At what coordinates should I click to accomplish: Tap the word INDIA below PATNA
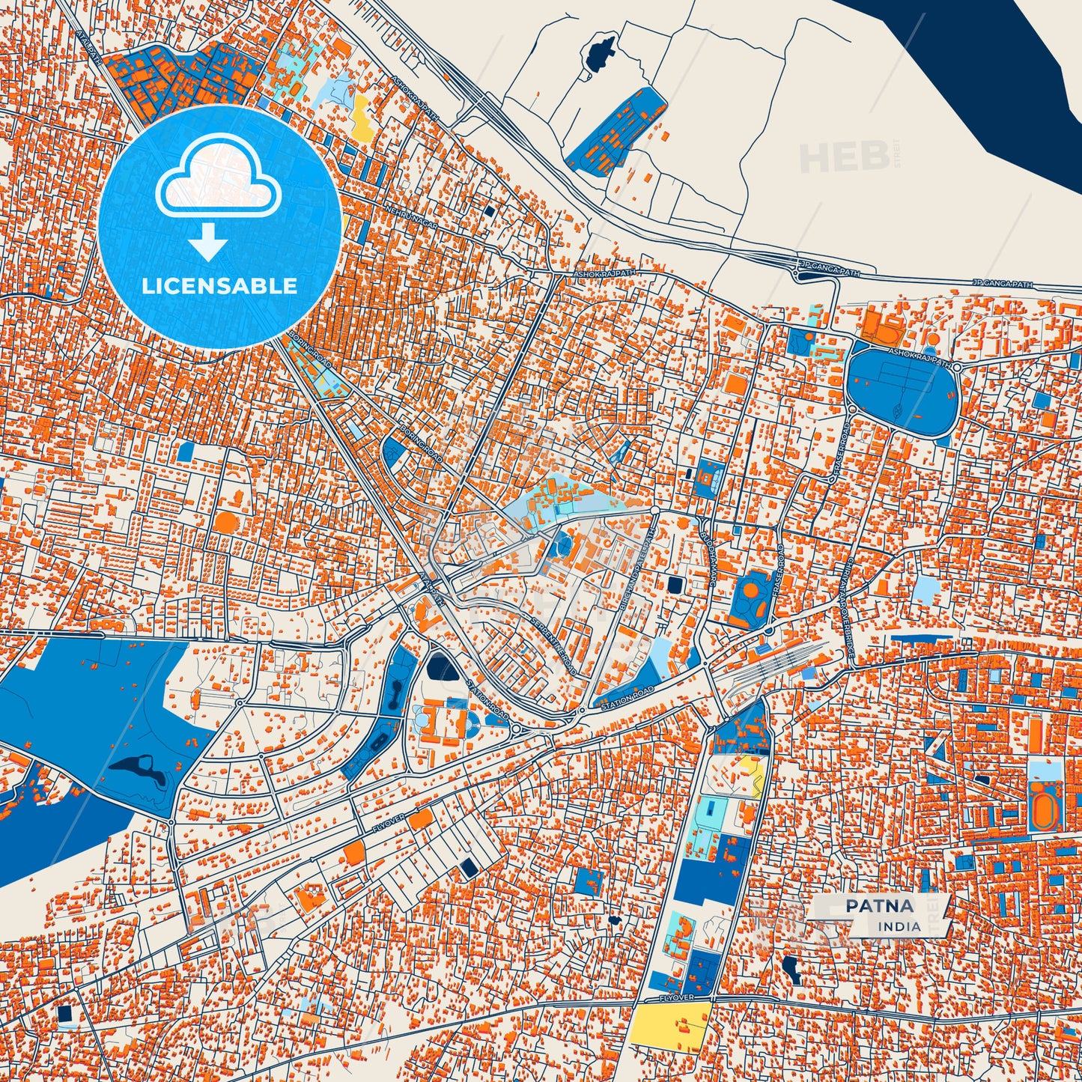tap(900, 926)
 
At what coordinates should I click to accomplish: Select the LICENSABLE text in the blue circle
tap(219, 286)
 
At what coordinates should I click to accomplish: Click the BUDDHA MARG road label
tap(709, 542)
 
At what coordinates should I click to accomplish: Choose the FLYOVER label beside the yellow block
tap(678, 998)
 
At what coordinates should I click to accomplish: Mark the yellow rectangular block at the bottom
tap(669, 1024)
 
